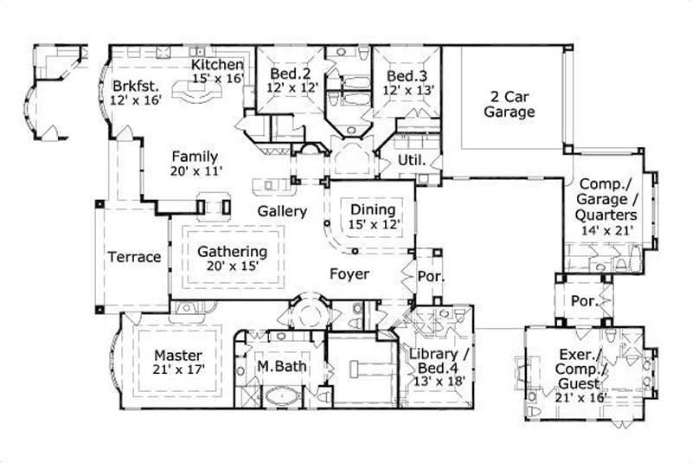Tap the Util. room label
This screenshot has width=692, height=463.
pos(409,161)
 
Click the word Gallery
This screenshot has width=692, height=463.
pos(282,211)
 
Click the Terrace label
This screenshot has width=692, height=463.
pos(134,257)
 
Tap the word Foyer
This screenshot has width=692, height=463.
pos(349,274)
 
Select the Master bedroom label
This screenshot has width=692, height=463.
pos(178,355)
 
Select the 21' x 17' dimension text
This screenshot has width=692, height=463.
pos(178,370)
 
